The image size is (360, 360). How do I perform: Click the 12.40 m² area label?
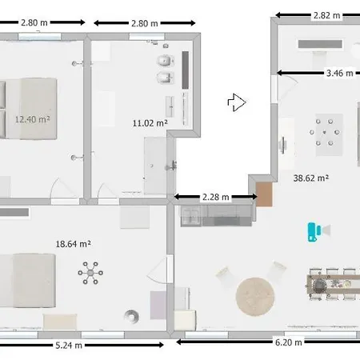coord(33,119)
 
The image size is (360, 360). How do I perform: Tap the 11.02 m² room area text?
coord(150,123)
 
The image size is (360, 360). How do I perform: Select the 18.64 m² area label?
coord(74,244)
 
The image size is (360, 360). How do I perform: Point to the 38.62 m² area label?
coord(311,178)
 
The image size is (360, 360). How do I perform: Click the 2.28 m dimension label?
coord(216,197)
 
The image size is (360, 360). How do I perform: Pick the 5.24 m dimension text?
coord(69,346)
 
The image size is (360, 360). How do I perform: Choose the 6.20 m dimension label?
coord(289,342)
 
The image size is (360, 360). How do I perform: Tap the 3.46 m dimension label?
coord(340,73)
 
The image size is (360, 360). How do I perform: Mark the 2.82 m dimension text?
coord(327,15)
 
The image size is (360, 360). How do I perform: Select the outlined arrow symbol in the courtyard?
coord(237,102)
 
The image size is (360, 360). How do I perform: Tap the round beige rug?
coord(255,297)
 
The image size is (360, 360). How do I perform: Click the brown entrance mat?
coord(264,194)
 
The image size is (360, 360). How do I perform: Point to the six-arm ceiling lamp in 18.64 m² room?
coord(90,273)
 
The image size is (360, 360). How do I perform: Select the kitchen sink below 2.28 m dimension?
coord(191,216)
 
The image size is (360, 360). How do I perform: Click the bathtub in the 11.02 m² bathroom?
coord(155,166)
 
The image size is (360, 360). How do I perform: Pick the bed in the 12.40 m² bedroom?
coord(29,109)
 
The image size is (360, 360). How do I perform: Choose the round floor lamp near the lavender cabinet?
coord(131,316)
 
